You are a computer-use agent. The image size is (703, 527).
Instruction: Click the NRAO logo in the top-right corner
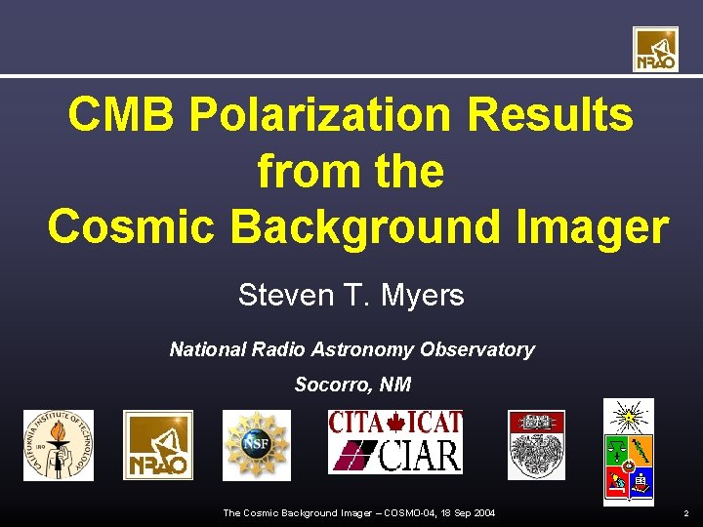[x=654, y=49]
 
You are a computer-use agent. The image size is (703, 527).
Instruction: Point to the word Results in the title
[x=551, y=116]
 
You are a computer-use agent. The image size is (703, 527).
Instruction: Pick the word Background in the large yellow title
[x=378, y=226]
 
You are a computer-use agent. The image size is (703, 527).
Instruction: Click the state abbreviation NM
[x=394, y=385]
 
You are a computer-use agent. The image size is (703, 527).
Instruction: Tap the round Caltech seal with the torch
[x=59, y=445]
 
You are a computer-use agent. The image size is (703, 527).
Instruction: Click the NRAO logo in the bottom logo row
[x=157, y=445]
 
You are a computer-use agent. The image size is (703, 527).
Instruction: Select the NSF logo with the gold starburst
[x=256, y=445]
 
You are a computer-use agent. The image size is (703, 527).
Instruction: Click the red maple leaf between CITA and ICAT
[x=396, y=424]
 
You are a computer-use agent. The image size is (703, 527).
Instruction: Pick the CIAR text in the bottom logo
[x=419, y=456]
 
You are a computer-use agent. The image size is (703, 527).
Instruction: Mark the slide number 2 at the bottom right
[x=686, y=513]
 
